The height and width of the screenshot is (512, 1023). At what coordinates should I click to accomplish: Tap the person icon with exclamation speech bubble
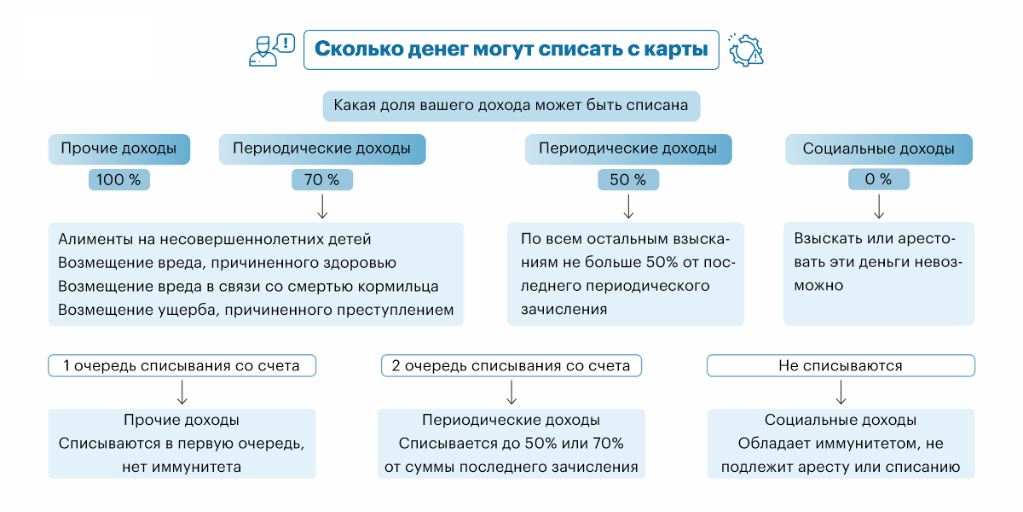(x=271, y=49)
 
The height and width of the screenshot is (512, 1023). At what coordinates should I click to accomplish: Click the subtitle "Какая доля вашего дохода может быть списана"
(x=511, y=106)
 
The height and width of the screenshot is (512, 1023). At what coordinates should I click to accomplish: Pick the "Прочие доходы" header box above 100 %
(x=118, y=148)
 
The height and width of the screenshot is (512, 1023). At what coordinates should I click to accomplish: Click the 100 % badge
(x=118, y=180)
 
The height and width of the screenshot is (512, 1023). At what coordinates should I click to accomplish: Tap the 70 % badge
(x=322, y=180)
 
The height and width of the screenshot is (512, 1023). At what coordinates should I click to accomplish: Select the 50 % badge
(x=628, y=180)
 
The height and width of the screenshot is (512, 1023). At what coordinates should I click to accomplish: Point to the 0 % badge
(x=879, y=180)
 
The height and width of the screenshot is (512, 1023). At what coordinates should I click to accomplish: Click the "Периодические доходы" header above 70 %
(x=322, y=148)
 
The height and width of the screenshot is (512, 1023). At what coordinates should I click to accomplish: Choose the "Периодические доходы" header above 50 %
(x=628, y=148)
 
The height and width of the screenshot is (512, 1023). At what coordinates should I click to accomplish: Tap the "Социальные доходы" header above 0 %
(x=879, y=148)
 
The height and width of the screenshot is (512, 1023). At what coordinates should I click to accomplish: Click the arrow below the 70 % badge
(x=322, y=206)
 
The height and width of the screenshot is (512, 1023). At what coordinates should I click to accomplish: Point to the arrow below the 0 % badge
(x=879, y=206)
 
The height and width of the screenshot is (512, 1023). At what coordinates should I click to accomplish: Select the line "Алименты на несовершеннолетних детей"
(x=215, y=239)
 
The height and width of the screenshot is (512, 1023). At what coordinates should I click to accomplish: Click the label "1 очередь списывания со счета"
(x=182, y=366)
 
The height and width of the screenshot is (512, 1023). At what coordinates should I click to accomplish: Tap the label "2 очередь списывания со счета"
(x=511, y=366)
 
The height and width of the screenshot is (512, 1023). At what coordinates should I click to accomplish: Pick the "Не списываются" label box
(x=841, y=366)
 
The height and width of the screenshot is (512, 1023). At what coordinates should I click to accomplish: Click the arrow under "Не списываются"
(x=841, y=392)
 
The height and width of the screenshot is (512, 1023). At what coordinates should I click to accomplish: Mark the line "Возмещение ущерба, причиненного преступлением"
(x=256, y=310)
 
